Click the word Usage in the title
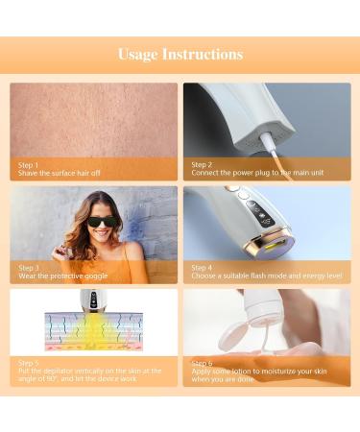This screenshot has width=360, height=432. click(136, 54)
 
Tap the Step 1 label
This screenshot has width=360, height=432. click(29, 164)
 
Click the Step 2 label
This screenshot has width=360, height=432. click(202, 164)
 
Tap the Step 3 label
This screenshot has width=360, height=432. click(29, 267)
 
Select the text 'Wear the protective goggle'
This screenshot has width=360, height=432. click(63, 276)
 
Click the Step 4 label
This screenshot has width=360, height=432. click(202, 267)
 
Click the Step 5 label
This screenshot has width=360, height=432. click(29, 362)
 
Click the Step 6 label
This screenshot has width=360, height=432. click(202, 362)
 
